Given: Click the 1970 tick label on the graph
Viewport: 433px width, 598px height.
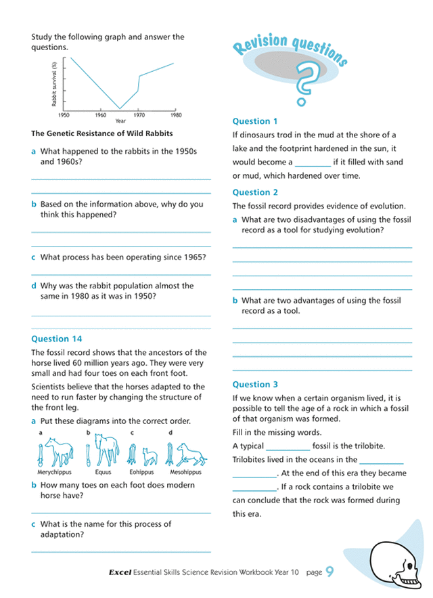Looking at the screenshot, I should point(139,114).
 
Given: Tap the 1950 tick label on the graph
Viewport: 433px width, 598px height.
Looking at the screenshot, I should point(65,114).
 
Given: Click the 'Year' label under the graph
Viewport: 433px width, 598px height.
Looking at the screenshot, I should point(120,121).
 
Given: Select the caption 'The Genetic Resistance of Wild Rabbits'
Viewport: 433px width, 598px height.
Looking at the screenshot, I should point(102,133).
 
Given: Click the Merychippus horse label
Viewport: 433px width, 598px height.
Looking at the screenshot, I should point(54,471).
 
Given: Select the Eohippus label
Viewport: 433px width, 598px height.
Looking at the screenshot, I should point(141,471).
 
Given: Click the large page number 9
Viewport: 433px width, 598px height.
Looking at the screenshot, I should point(330,572).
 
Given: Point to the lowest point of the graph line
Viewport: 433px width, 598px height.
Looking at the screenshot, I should point(120,108).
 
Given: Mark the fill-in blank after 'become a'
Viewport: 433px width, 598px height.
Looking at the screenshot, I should point(313,163).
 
